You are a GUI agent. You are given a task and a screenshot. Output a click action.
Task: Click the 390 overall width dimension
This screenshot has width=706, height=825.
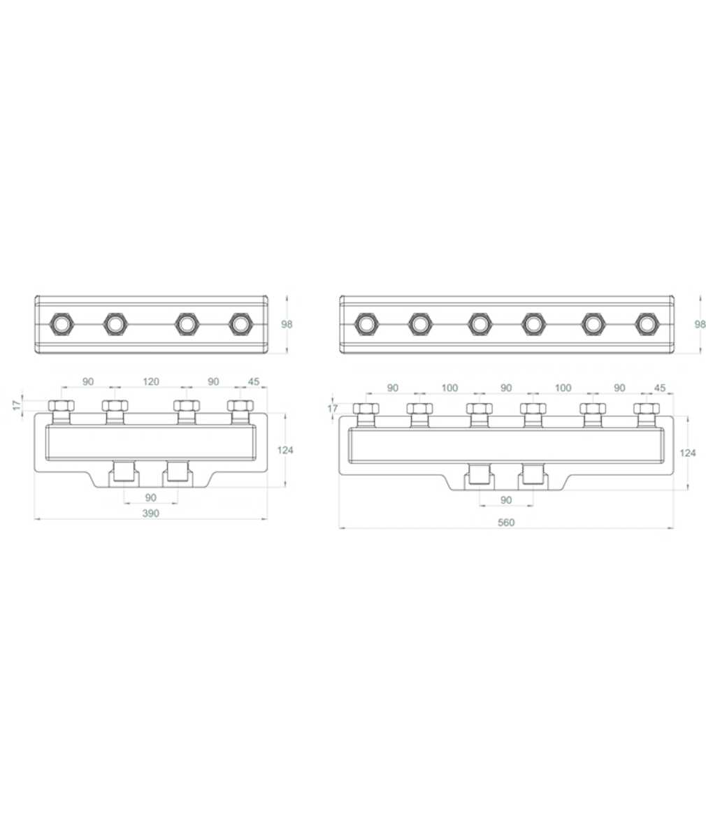pos(150,513)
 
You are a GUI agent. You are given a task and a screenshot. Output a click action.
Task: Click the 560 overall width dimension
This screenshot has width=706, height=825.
pos(506,523)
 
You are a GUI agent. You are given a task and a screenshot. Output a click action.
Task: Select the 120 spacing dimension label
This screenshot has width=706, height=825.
pos(151,381)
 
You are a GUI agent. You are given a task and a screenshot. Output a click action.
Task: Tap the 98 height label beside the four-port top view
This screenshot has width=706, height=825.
pos(287,324)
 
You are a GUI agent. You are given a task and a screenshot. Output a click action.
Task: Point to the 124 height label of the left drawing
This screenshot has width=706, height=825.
pos(284,450)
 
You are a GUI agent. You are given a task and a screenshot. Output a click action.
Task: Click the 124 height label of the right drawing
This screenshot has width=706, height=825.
pos(688,453)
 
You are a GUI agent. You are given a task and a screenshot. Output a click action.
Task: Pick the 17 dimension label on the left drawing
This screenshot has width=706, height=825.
pos(17,405)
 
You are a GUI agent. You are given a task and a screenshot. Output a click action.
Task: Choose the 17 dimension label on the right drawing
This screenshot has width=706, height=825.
pos(332,409)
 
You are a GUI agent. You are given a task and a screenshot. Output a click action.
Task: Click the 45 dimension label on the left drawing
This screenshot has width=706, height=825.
pos(254,381)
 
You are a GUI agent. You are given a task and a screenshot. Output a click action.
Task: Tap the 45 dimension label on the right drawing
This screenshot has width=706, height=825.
pos(660,388)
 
